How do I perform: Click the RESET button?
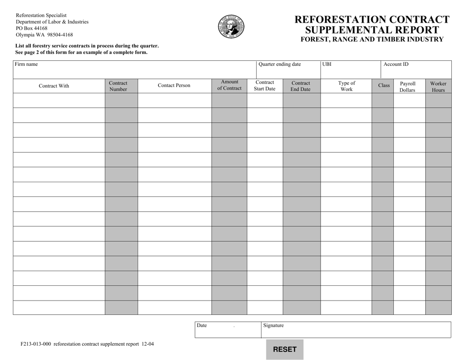coord(285,349)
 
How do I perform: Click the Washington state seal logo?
coord(231,27)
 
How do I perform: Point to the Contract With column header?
coord(54,86)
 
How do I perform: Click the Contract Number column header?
coord(118,86)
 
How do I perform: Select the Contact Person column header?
coord(174,85)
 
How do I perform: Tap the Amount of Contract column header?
coord(229,85)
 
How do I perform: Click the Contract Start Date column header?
coord(264,85)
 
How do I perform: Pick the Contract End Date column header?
coord(300,86)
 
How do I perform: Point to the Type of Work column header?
coord(347,86)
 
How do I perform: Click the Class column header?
coord(384,85)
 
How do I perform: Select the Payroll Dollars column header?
coord(408,86)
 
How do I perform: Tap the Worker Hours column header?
coord(438,86)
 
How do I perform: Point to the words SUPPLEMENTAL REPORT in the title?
coord(372,29)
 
